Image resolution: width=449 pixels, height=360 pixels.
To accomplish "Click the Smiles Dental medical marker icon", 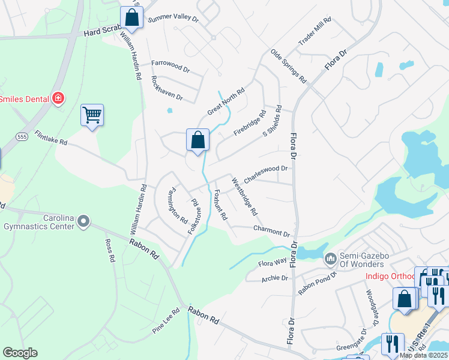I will (x=58, y=98).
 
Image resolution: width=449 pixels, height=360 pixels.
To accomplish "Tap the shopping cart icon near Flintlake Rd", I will (x=92, y=115).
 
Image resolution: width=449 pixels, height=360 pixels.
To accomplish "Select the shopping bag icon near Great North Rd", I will (x=197, y=140).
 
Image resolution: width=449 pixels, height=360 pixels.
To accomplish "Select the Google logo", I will (x=20, y=352).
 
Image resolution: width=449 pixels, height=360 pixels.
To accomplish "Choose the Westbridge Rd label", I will (x=245, y=197).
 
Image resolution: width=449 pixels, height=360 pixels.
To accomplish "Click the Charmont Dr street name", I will (x=271, y=231).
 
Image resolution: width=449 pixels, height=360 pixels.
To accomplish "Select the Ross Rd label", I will (x=109, y=250).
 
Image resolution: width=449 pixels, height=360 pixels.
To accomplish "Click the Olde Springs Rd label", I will (x=288, y=66).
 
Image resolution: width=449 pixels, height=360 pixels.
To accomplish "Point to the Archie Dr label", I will (x=275, y=278).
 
